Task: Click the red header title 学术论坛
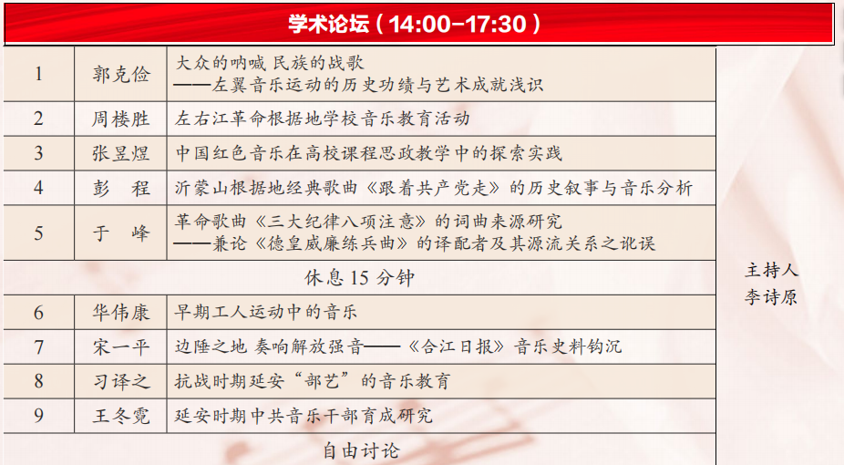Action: tap(328, 24)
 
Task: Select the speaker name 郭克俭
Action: tap(121, 74)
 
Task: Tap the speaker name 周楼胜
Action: tap(120, 119)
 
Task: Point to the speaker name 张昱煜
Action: tap(120, 153)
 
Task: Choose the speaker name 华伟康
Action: tap(120, 312)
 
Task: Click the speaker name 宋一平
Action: tap(120, 347)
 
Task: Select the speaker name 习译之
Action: tap(120, 382)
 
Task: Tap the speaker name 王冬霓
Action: tap(120, 416)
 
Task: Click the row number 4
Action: tap(38, 188)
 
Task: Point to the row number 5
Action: tap(38, 233)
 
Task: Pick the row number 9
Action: tap(38, 416)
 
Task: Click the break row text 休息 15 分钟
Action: tap(359, 278)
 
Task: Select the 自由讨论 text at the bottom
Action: tap(361, 450)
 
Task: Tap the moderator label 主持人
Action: tap(771, 270)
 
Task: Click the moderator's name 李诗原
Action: tap(771, 297)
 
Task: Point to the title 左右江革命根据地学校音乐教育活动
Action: tap(323, 119)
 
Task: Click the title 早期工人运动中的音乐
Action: tap(266, 312)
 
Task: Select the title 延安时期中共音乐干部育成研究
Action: tap(304, 416)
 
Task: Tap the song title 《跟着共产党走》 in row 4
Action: tap(433, 188)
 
